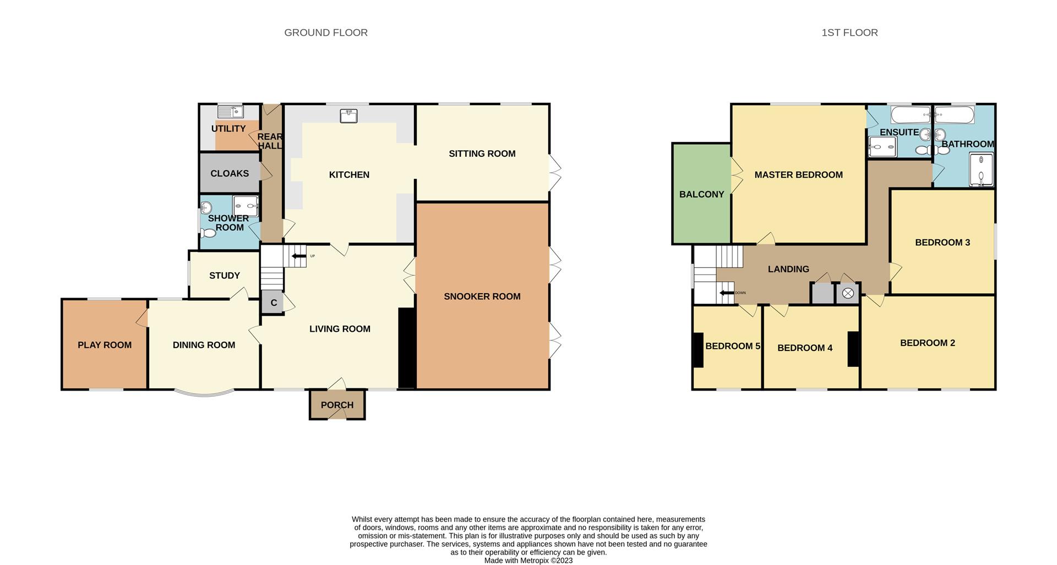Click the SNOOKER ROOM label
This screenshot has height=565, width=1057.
click(x=482, y=297)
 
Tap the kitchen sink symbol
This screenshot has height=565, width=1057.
click(x=348, y=116)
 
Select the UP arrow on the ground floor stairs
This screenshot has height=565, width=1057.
click(x=299, y=256)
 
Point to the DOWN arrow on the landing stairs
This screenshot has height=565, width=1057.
click(x=727, y=293)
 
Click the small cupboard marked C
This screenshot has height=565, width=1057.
click(x=273, y=303)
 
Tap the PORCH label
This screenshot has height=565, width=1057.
click(x=337, y=405)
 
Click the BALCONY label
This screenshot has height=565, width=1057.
click(x=701, y=194)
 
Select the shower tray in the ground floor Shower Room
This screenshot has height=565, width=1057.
click(x=246, y=206)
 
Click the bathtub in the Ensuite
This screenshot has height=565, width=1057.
click(x=911, y=116)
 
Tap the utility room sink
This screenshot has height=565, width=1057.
click(x=231, y=112)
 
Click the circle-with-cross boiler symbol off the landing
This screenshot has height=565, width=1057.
click(x=848, y=293)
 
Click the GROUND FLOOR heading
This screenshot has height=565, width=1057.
click(x=326, y=32)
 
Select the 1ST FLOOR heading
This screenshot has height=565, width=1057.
click(x=849, y=32)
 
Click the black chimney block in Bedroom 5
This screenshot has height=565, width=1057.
click(x=698, y=350)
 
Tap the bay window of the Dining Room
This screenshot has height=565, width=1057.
click(x=204, y=393)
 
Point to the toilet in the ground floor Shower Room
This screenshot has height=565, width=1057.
click(x=208, y=233)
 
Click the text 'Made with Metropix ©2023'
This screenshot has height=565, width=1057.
click(x=528, y=561)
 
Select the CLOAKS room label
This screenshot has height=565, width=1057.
click(x=230, y=173)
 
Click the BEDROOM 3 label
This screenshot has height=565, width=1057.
click(x=942, y=242)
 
